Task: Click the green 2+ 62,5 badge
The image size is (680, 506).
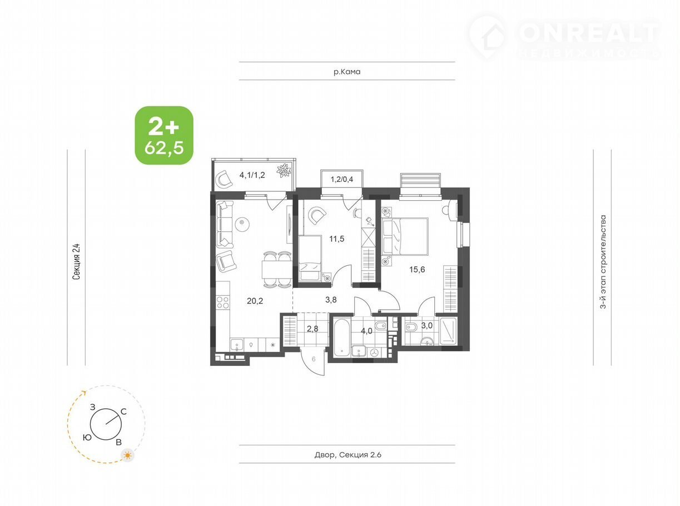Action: [x=164, y=135]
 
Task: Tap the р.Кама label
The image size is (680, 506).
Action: [x=347, y=72]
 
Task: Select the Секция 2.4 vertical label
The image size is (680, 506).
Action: [x=76, y=261]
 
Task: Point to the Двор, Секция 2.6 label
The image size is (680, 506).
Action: [x=348, y=454]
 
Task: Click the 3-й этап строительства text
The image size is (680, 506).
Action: [x=603, y=261]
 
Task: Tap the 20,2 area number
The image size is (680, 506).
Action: [x=255, y=301]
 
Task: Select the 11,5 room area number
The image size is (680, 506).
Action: [x=336, y=239]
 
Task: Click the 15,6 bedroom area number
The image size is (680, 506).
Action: [x=417, y=270]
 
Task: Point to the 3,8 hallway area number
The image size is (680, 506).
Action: [x=331, y=300]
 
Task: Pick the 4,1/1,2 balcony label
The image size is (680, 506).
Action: [x=252, y=175]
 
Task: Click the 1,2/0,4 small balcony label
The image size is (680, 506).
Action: [x=342, y=179]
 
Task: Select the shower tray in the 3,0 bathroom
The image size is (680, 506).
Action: [x=448, y=331]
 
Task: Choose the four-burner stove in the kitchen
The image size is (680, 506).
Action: [x=222, y=302]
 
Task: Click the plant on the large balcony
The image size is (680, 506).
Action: [x=284, y=170]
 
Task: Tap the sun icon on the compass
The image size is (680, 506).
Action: [x=127, y=455]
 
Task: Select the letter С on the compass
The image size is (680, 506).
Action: [x=123, y=412]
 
